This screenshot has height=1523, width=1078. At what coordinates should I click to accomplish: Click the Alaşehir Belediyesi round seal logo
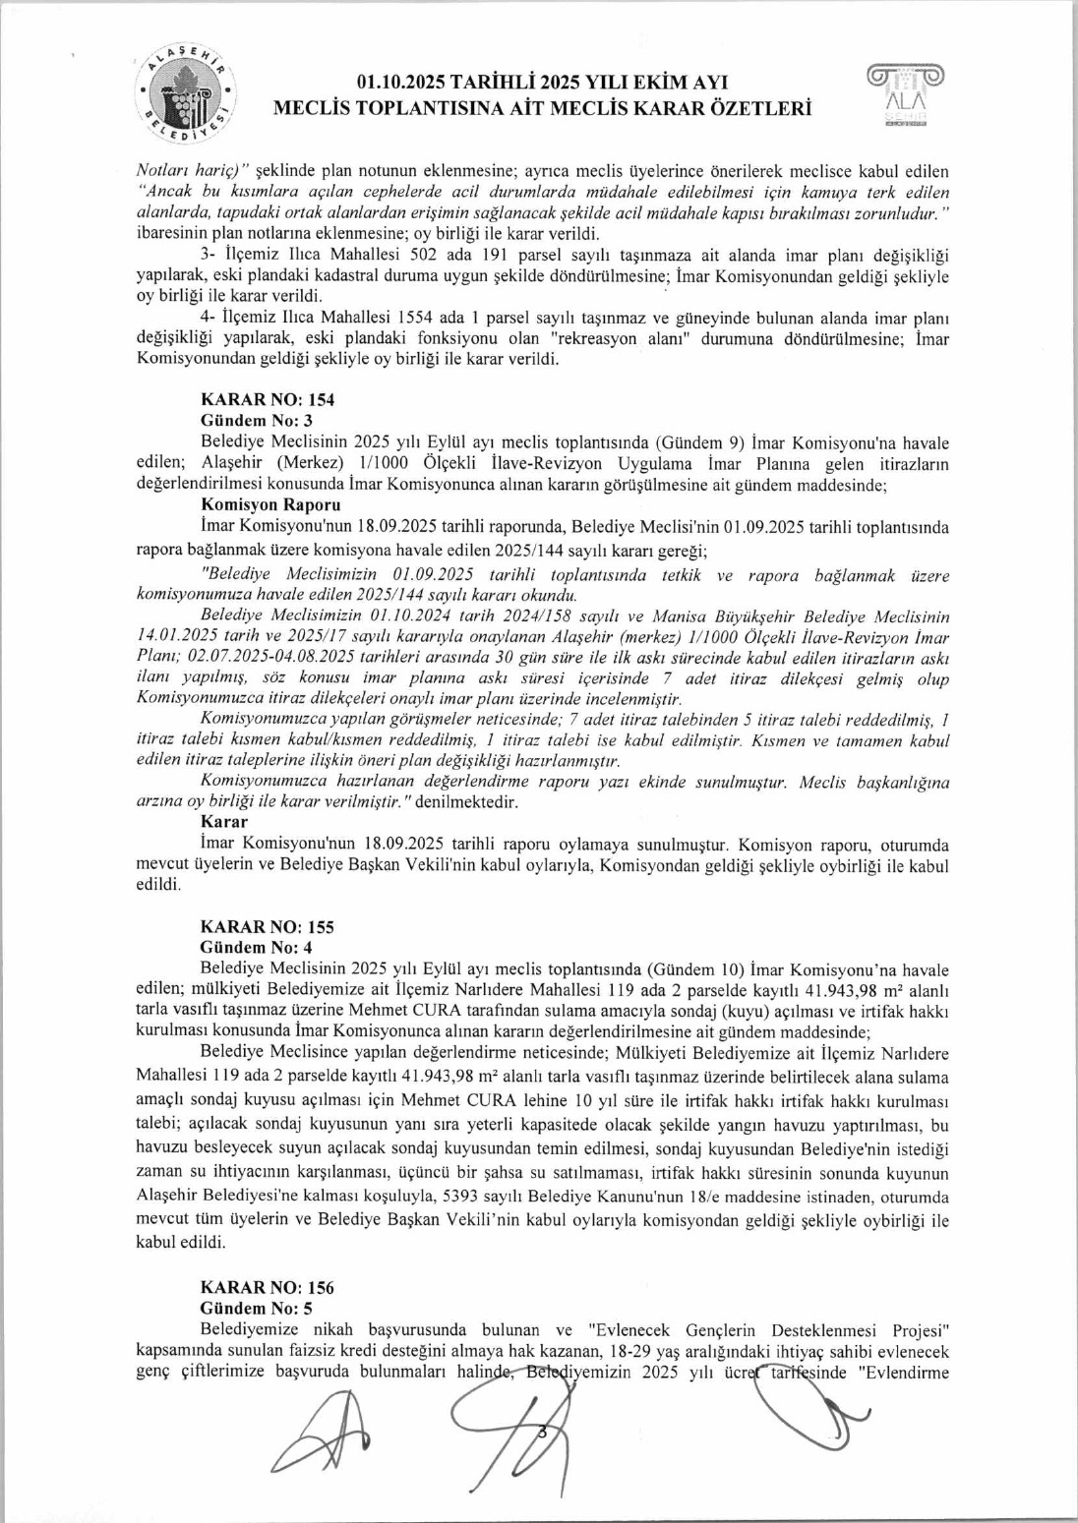(x=185, y=96)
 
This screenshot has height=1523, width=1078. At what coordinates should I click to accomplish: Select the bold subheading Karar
(x=224, y=822)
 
